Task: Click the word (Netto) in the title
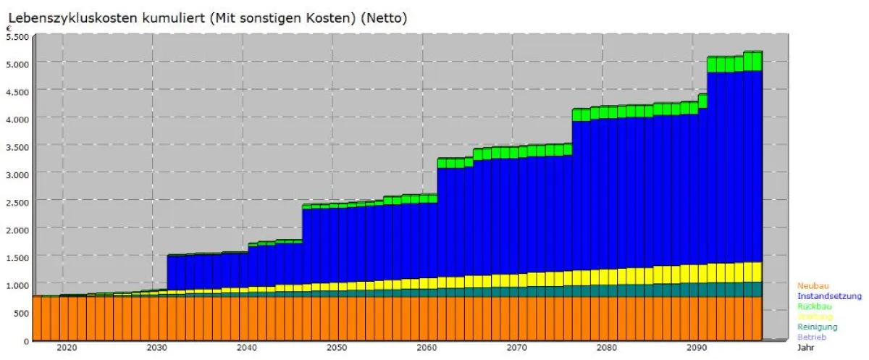coord(385,18)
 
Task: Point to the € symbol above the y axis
coord(9,29)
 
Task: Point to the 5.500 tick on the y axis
coord(17,36)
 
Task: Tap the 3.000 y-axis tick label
coord(17,175)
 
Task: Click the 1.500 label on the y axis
coord(17,258)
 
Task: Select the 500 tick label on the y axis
coord(21,313)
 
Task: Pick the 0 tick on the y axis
coord(27,340)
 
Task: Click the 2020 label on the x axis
coord(67,348)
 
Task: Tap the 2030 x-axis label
coord(156,348)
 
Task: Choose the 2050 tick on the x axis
coord(337,348)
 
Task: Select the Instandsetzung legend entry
coord(829,296)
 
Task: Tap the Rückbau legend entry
coord(814,306)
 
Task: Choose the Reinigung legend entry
coord(817,327)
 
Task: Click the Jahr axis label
coord(806,347)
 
